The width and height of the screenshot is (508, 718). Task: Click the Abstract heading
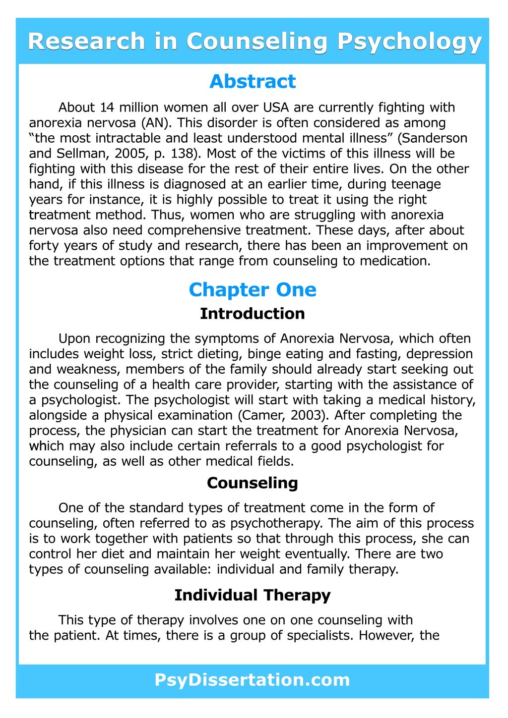(x=253, y=81)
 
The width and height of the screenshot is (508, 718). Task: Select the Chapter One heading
(x=253, y=290)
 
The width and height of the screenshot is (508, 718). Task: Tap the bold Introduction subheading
(x=253, y=314)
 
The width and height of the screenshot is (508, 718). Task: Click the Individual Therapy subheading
(x=253, y=595)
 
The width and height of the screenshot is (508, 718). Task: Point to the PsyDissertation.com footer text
(x=253, y=679)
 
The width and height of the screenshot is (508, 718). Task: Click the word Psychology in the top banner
(x=409, y=42)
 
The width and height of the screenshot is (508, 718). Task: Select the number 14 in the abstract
(x=108, y=108)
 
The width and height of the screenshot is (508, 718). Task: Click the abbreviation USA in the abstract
(x=276, y=108)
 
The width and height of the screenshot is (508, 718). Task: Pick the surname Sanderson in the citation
(x=436, y=138)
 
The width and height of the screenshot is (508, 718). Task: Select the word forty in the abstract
(x=43, y=246)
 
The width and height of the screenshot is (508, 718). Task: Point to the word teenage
(x=416, y=184)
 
